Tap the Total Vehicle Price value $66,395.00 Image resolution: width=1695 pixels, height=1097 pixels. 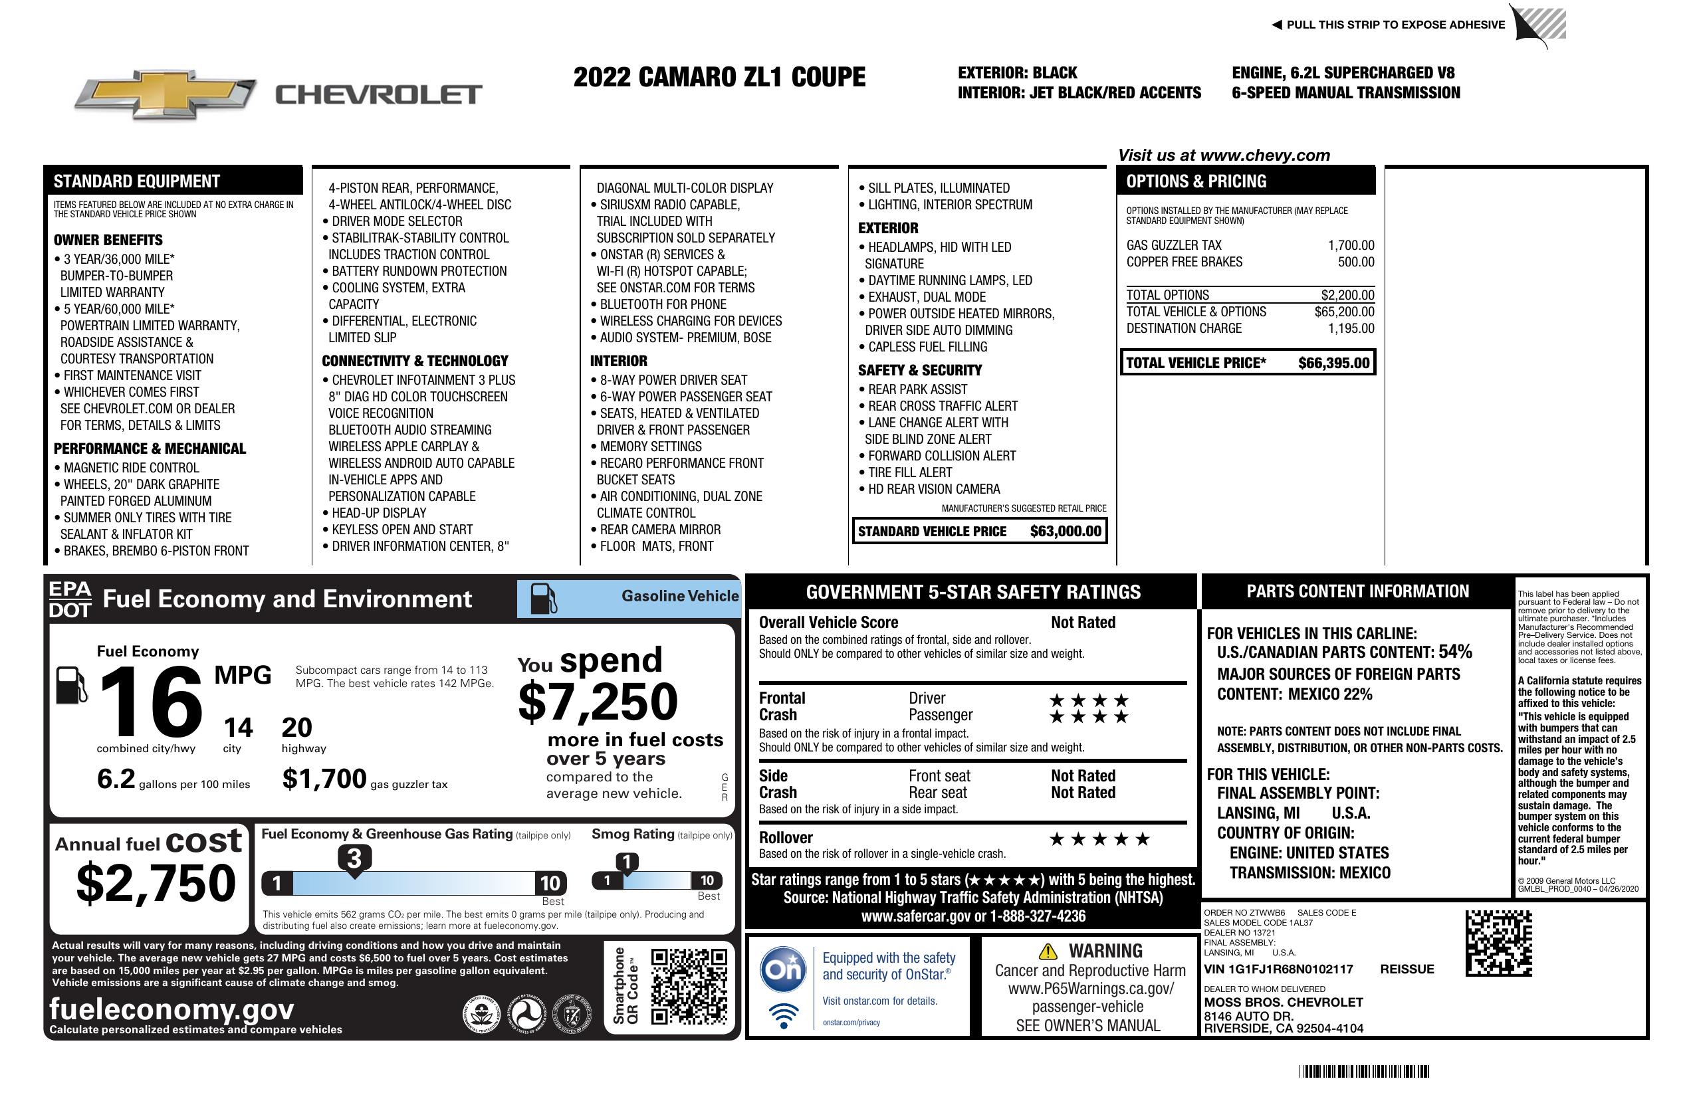pyautogui.click(x=1333, y=363)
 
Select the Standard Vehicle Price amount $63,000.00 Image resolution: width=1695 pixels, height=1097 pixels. pyautogui.click(x=1066, y=531)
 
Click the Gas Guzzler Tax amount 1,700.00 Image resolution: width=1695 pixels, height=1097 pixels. pyautogui.click(x=1351, y=246)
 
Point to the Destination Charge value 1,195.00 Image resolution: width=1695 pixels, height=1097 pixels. pyautogui.click(x=1351, y=328)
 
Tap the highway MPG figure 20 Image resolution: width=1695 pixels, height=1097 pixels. pyautogui.click(x=296, y=728)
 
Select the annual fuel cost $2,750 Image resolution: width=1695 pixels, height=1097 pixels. pyautogui.click(x=156, y=883)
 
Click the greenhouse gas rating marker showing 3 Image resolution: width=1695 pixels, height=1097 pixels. pyautogui.click(x=354, y=858)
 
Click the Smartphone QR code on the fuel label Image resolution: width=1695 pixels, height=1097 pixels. pyautogui.click(x=689, y=985)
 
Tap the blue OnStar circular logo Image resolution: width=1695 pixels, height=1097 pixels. pyautogui.click(x=784, y=969)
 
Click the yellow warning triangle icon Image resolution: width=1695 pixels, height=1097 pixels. pyautogui.click(x=1048, y=951)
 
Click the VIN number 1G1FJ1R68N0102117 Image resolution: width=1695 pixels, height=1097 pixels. pyautogui.click(x=1293, y=969)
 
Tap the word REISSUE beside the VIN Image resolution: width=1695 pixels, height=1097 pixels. pyautogui.click(x=1407, y=969)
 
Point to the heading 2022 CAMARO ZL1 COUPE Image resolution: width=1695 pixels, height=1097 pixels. pyautogui.click(x=719, y=77)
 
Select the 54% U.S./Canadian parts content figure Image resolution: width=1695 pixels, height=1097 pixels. pyautogui.click(x=1454, y=651)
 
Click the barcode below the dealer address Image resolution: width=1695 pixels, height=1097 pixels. pyautogui.click(x=1364, y=1071)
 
